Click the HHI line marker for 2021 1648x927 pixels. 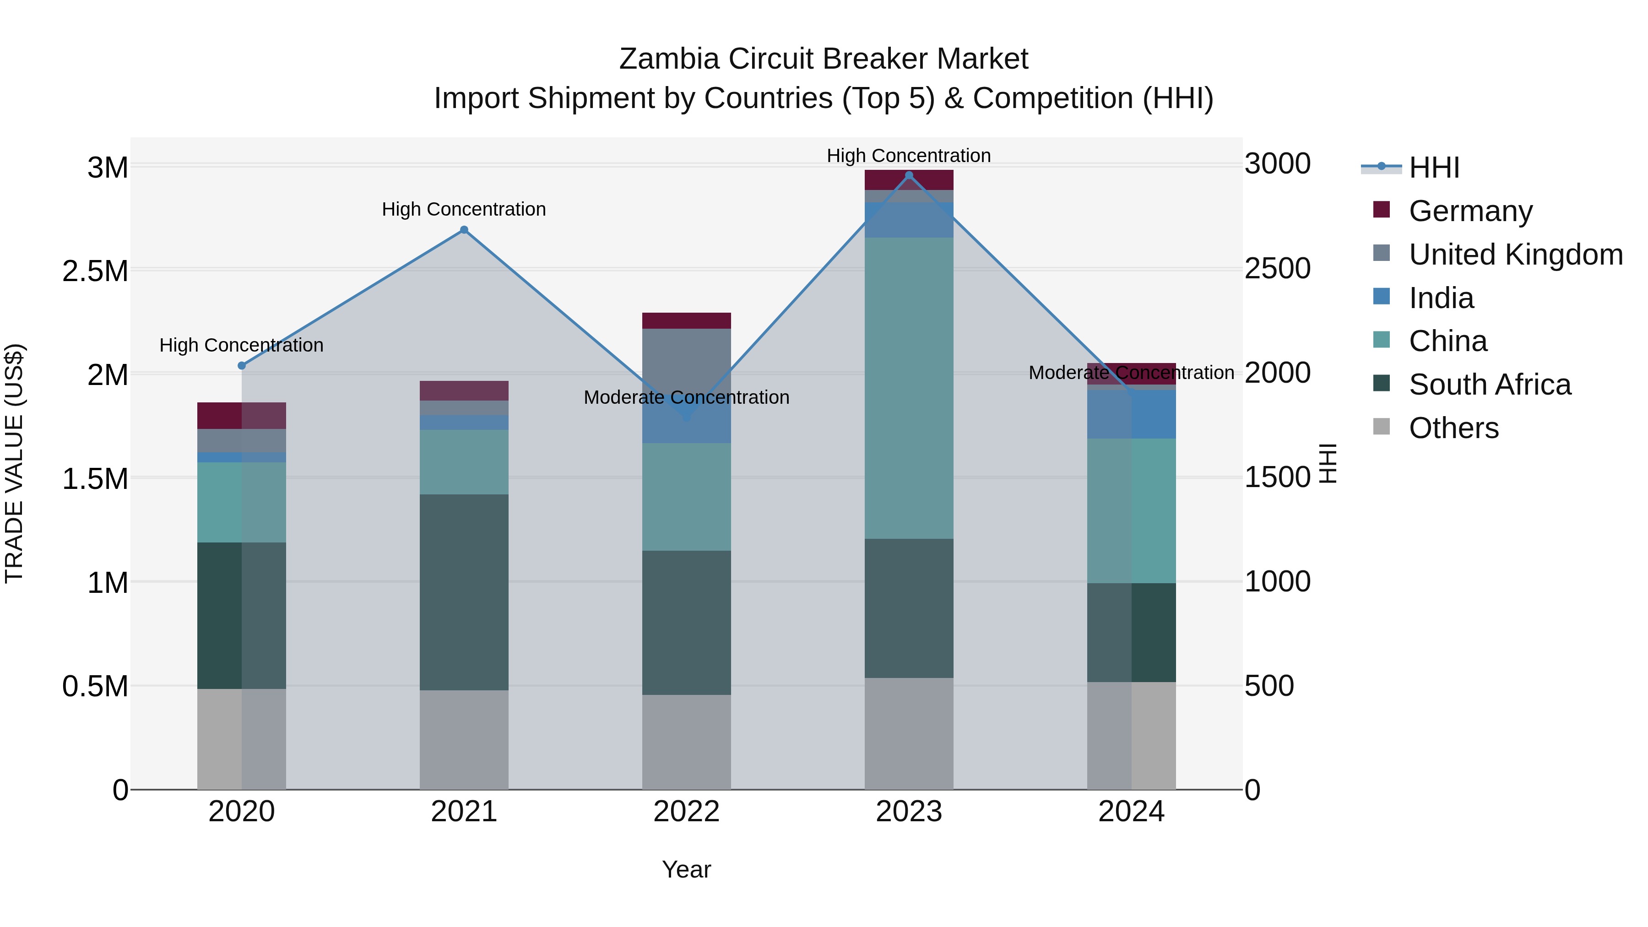464,230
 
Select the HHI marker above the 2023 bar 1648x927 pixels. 908,175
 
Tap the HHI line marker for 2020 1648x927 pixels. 242,365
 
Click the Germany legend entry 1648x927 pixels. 1470,211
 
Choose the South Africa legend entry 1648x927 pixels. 1489,385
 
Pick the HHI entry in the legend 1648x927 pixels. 1434,168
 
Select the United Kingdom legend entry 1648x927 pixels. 1515,254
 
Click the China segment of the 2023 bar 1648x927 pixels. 908,388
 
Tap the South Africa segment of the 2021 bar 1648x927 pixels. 464,592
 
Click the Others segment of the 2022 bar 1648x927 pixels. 687,742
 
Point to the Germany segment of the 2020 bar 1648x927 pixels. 242,415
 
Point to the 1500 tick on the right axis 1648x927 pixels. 1277,477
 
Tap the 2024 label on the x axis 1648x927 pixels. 1131,812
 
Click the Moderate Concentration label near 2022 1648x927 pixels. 687,397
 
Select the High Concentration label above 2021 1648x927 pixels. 464,209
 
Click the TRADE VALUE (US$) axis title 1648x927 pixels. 14,463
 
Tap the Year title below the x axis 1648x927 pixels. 687,869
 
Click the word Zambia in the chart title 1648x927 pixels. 669,59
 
